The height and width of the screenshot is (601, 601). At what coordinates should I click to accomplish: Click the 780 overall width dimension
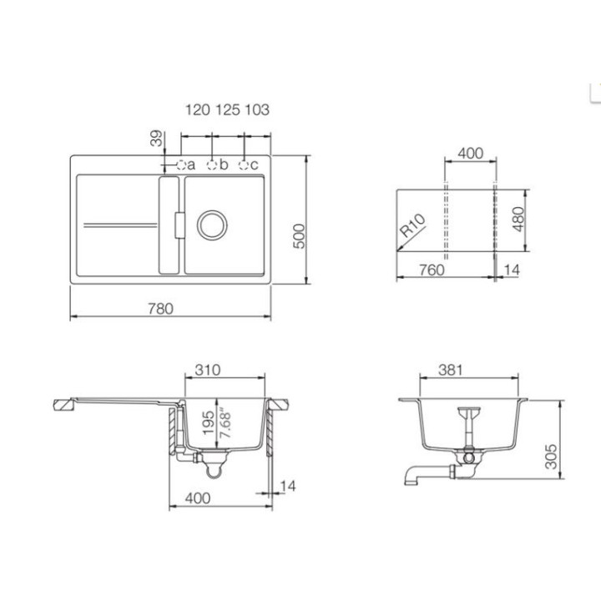160,309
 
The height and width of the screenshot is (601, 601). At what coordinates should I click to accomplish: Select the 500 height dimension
300,236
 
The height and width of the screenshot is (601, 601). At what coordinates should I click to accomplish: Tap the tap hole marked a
181,165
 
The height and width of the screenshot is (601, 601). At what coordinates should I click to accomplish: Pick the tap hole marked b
211,165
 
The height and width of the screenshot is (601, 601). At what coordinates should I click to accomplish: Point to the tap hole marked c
244,165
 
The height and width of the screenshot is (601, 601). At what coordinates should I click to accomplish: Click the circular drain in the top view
212,225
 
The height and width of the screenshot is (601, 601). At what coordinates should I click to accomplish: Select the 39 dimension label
156,139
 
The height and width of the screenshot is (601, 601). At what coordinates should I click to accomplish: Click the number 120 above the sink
197,110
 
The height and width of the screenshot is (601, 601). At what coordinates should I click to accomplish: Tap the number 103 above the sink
257,110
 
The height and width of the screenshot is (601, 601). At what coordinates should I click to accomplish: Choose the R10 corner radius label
412,225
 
